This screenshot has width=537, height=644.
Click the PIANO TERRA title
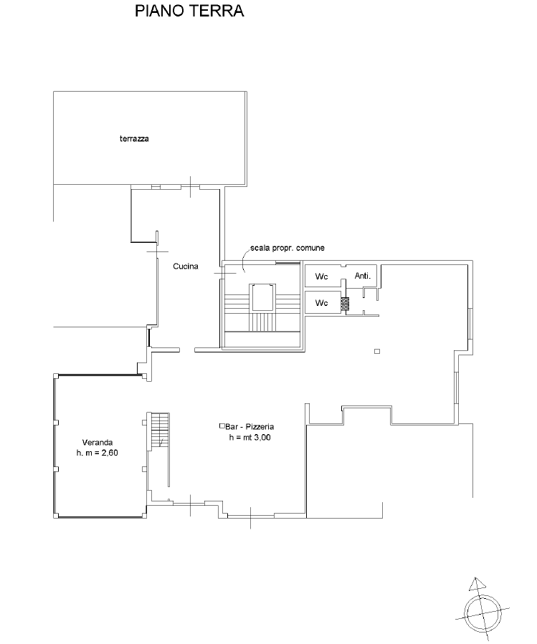(x=189, y=11)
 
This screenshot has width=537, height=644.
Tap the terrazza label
(x=134, y=139)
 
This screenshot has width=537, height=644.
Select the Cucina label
(x=186, y=266)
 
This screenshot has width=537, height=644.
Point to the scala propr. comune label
(x=287, y=248)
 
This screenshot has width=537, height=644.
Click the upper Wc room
(x=323, y=277)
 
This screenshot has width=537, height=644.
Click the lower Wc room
(x=323, y=303)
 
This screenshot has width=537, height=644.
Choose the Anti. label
(x=363, y=276)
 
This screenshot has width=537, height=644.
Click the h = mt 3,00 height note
(x=250, y=438)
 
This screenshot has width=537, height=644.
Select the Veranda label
(x=98, y=442)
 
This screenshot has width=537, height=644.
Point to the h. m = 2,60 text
(x=97, y=453)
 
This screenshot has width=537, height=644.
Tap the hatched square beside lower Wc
(x=345, y=304)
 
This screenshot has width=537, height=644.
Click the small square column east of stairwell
(x=377, y=351)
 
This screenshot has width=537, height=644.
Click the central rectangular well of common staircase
(x=262, y=297)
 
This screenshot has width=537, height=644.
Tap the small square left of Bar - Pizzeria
(x=222, y=426)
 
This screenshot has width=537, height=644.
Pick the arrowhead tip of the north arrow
(x=475, y=577)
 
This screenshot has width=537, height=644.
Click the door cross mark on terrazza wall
(x=191, y=187)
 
